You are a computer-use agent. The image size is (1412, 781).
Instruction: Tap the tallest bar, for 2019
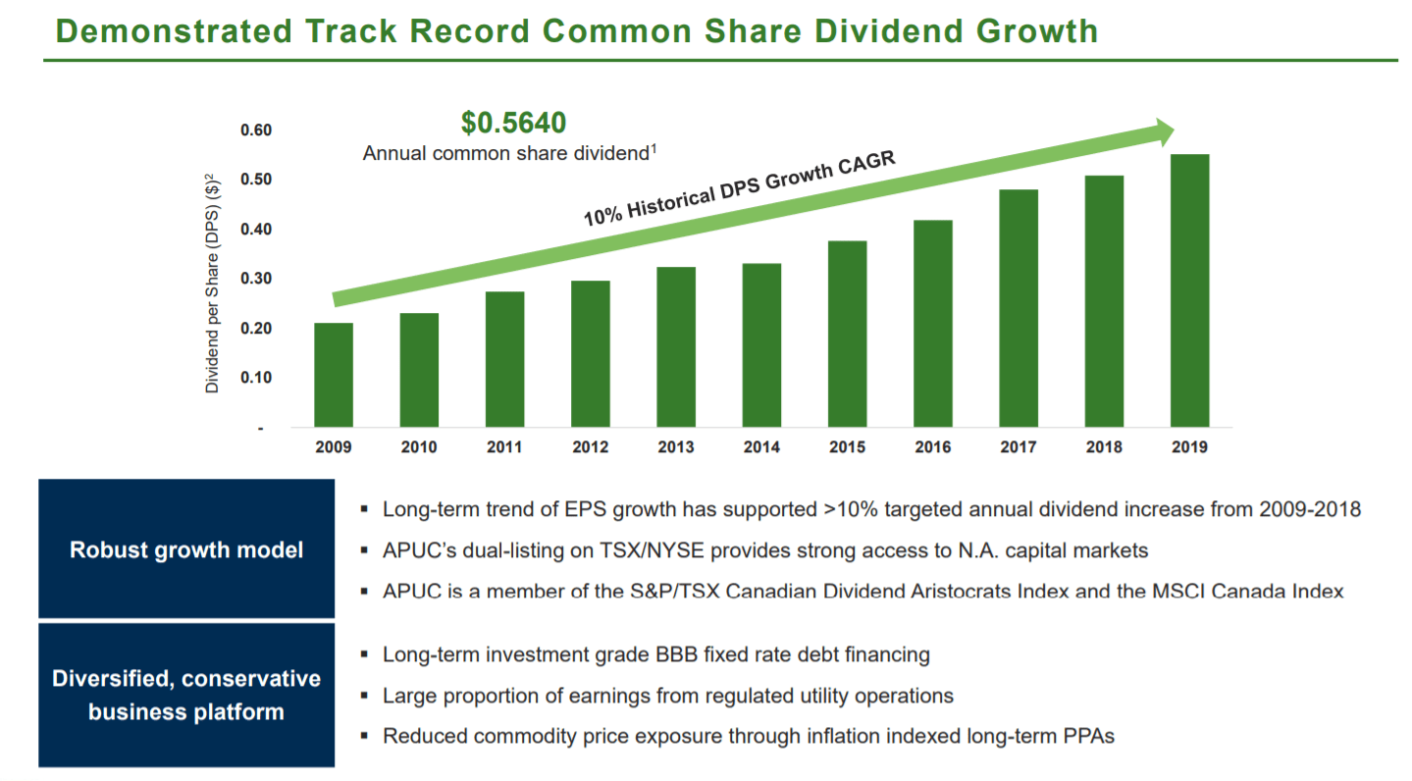pos(1189,290)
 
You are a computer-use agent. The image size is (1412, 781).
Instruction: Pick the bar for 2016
pos(932,324)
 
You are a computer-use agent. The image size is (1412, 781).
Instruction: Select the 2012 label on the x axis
pos(590,447)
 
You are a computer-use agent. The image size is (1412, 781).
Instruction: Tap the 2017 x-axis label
pos(1019,447)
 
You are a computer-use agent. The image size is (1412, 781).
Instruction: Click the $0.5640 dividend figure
pos(514,124)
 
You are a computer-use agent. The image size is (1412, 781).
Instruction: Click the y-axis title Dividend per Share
pos(212,285)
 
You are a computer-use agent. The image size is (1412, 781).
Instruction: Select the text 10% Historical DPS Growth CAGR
pos(740,189)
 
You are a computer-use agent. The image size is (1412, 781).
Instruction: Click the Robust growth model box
pos(186,549)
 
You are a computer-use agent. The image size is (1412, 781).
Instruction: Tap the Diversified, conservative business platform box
pos(186,695)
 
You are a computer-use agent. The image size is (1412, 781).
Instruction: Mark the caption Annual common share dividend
pos(506,153)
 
